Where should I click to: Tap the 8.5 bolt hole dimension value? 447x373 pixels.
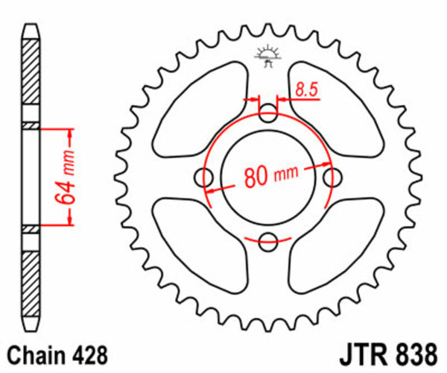tap(305, 90)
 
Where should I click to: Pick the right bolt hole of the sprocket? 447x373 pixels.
tap(332, 177)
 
